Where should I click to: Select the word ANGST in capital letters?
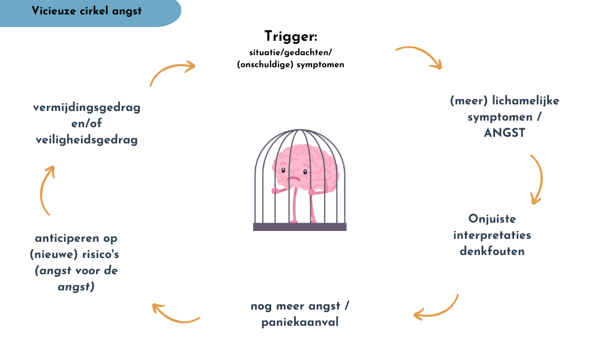(504, 133)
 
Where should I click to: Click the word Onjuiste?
(491, 218)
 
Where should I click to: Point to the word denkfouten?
(492, 251)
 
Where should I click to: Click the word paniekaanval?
(300, 323)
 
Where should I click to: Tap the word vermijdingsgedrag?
(86, 108)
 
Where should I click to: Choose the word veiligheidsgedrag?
(86, 140)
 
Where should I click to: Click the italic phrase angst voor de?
(76, 271)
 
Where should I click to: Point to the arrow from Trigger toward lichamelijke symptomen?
(419, 56)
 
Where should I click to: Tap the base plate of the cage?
(299, 227)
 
